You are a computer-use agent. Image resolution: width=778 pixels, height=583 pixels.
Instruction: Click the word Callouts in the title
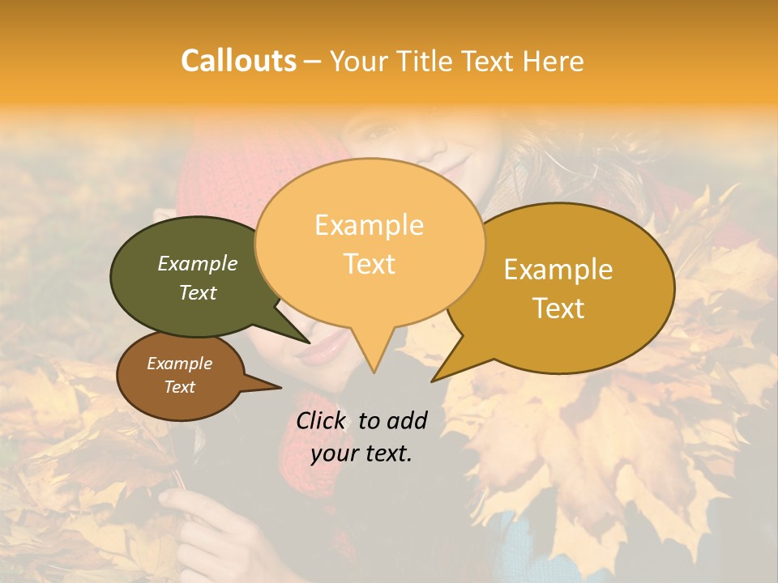coord(238,61)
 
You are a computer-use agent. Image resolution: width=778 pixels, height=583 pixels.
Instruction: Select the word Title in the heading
coord(430,62)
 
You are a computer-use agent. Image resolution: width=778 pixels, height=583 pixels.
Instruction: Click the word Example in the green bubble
coord(198,264)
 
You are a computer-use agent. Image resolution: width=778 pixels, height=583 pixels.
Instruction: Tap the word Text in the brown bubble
coord(180,387)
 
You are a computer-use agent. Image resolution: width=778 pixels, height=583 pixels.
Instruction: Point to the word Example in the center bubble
coord(370,225)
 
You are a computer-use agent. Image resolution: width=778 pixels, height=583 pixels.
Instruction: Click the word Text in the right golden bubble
coord(558,309)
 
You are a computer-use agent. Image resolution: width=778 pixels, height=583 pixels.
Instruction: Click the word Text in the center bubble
coord(370,264)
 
